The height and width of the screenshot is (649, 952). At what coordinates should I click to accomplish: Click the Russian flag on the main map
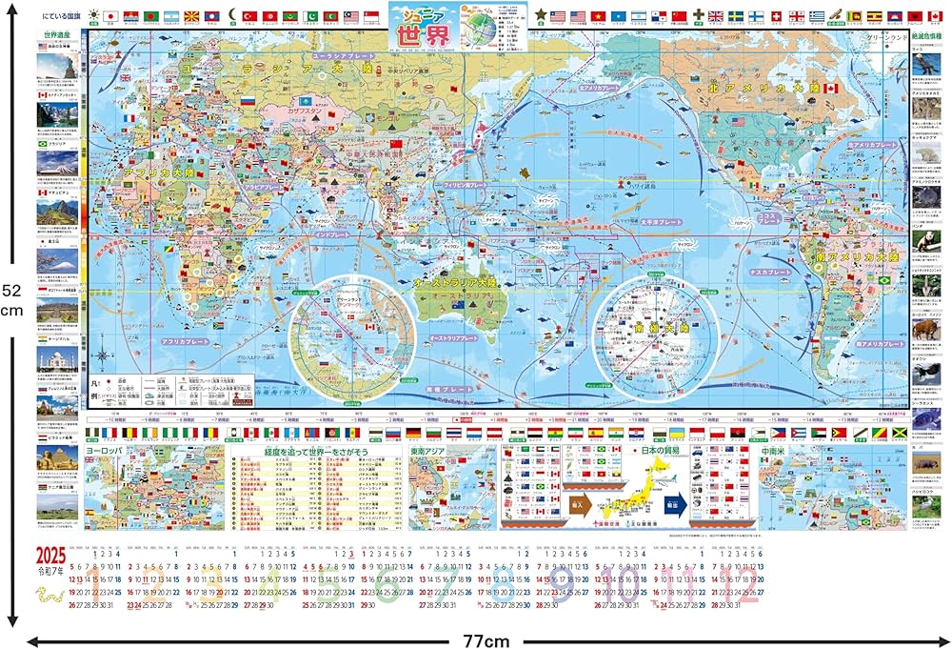click(x=247, y=100)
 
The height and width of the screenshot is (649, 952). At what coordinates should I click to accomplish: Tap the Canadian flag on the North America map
click(x=831, y=88)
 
